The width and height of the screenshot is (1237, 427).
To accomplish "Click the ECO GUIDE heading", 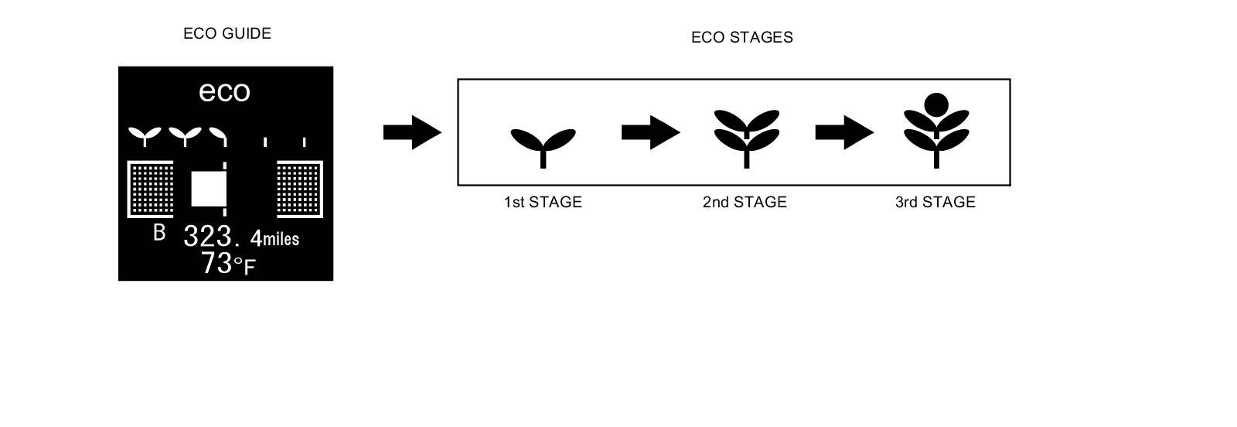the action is tap(227, 33).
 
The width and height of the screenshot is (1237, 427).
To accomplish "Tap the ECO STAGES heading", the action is tap(741, 37).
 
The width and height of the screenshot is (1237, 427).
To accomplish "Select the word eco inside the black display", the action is tap(224, 91).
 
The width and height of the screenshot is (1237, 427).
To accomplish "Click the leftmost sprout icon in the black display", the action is tap(143, 136).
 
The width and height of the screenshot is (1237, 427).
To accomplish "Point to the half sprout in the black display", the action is tap(220, 136).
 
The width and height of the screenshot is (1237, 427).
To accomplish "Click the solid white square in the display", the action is tap(208, 189).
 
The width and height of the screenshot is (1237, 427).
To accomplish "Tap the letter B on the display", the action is tap(159, 232).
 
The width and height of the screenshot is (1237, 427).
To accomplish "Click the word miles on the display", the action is tap(281, 239).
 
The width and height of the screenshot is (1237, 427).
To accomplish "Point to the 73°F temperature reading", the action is tap(227, 264).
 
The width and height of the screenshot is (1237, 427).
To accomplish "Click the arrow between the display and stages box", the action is tap(411, 132).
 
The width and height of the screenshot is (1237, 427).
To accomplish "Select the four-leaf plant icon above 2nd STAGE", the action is tap(746, 135).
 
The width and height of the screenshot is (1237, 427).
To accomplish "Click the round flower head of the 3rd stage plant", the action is tap(936, 104).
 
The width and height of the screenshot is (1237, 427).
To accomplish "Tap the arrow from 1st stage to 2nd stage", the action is tap(650, 132).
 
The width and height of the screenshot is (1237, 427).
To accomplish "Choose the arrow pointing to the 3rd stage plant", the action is tap(843, 132).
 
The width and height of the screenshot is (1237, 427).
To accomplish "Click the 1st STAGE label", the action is tap(543, 202).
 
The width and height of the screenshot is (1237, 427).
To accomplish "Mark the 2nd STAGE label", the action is tap(745, 202).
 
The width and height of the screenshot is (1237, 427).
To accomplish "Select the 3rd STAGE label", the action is tap(935, 202).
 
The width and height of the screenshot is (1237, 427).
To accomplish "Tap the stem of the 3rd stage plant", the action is tap(936, 159).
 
